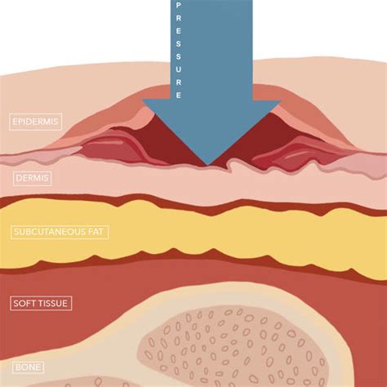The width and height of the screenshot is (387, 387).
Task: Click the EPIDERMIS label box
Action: click(36, 122)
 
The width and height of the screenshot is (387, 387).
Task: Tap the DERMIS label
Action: click(32, 178)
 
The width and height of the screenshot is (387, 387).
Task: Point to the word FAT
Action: click(96, 232)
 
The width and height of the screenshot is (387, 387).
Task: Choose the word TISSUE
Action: click(51, 303)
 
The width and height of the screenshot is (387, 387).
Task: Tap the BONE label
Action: click(28, 367)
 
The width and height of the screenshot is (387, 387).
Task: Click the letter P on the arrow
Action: click(179, 6)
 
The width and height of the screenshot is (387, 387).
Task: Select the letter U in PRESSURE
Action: click(179, 69)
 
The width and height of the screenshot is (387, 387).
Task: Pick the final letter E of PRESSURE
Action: click(179, 96)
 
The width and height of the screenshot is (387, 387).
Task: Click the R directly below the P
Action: click(179, 19)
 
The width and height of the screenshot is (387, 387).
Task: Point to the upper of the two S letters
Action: click(179, 44)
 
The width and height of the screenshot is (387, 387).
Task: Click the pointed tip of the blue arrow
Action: click(208, 166)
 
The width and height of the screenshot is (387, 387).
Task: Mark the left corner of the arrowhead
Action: click(144, 100)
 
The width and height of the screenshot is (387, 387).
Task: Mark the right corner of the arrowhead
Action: click(280, 101)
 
